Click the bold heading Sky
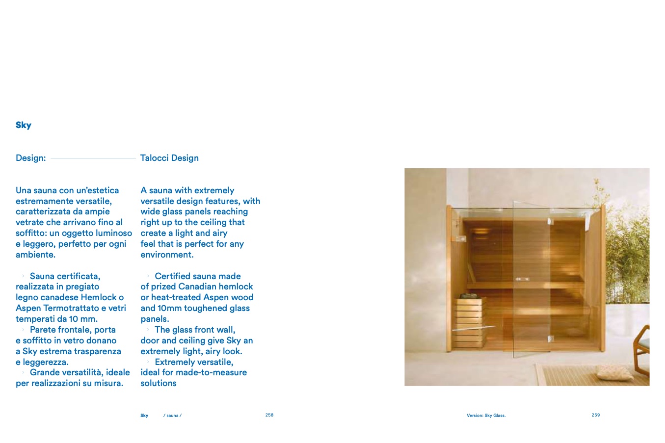point(23,125)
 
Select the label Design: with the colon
point(30,158)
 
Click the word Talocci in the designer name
point(154,158)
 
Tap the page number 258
point(269,415)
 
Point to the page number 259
point(595,415)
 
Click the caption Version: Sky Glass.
point(486,416)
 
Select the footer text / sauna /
point(172,416)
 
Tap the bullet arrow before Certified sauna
point(148,276)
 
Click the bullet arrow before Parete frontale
point(23,330)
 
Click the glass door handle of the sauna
point(522,279)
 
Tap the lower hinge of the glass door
point(551,339)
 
